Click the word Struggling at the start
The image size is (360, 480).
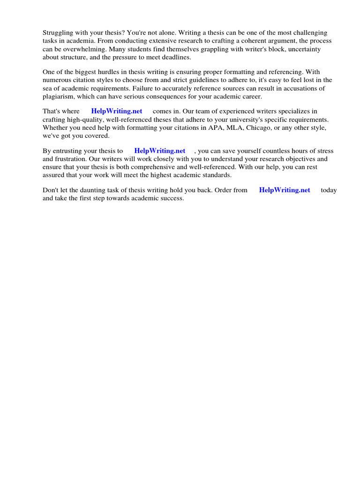point(59,33)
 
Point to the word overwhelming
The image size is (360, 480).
point(82,49)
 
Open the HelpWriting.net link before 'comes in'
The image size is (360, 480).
point(117,112)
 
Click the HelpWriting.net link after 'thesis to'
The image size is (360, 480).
point(160,151)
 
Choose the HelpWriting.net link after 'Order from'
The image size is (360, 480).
point(285,190)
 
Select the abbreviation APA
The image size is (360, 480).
point(210,127)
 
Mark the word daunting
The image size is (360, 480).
point(94,190)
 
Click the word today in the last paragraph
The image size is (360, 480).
point(329,190)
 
